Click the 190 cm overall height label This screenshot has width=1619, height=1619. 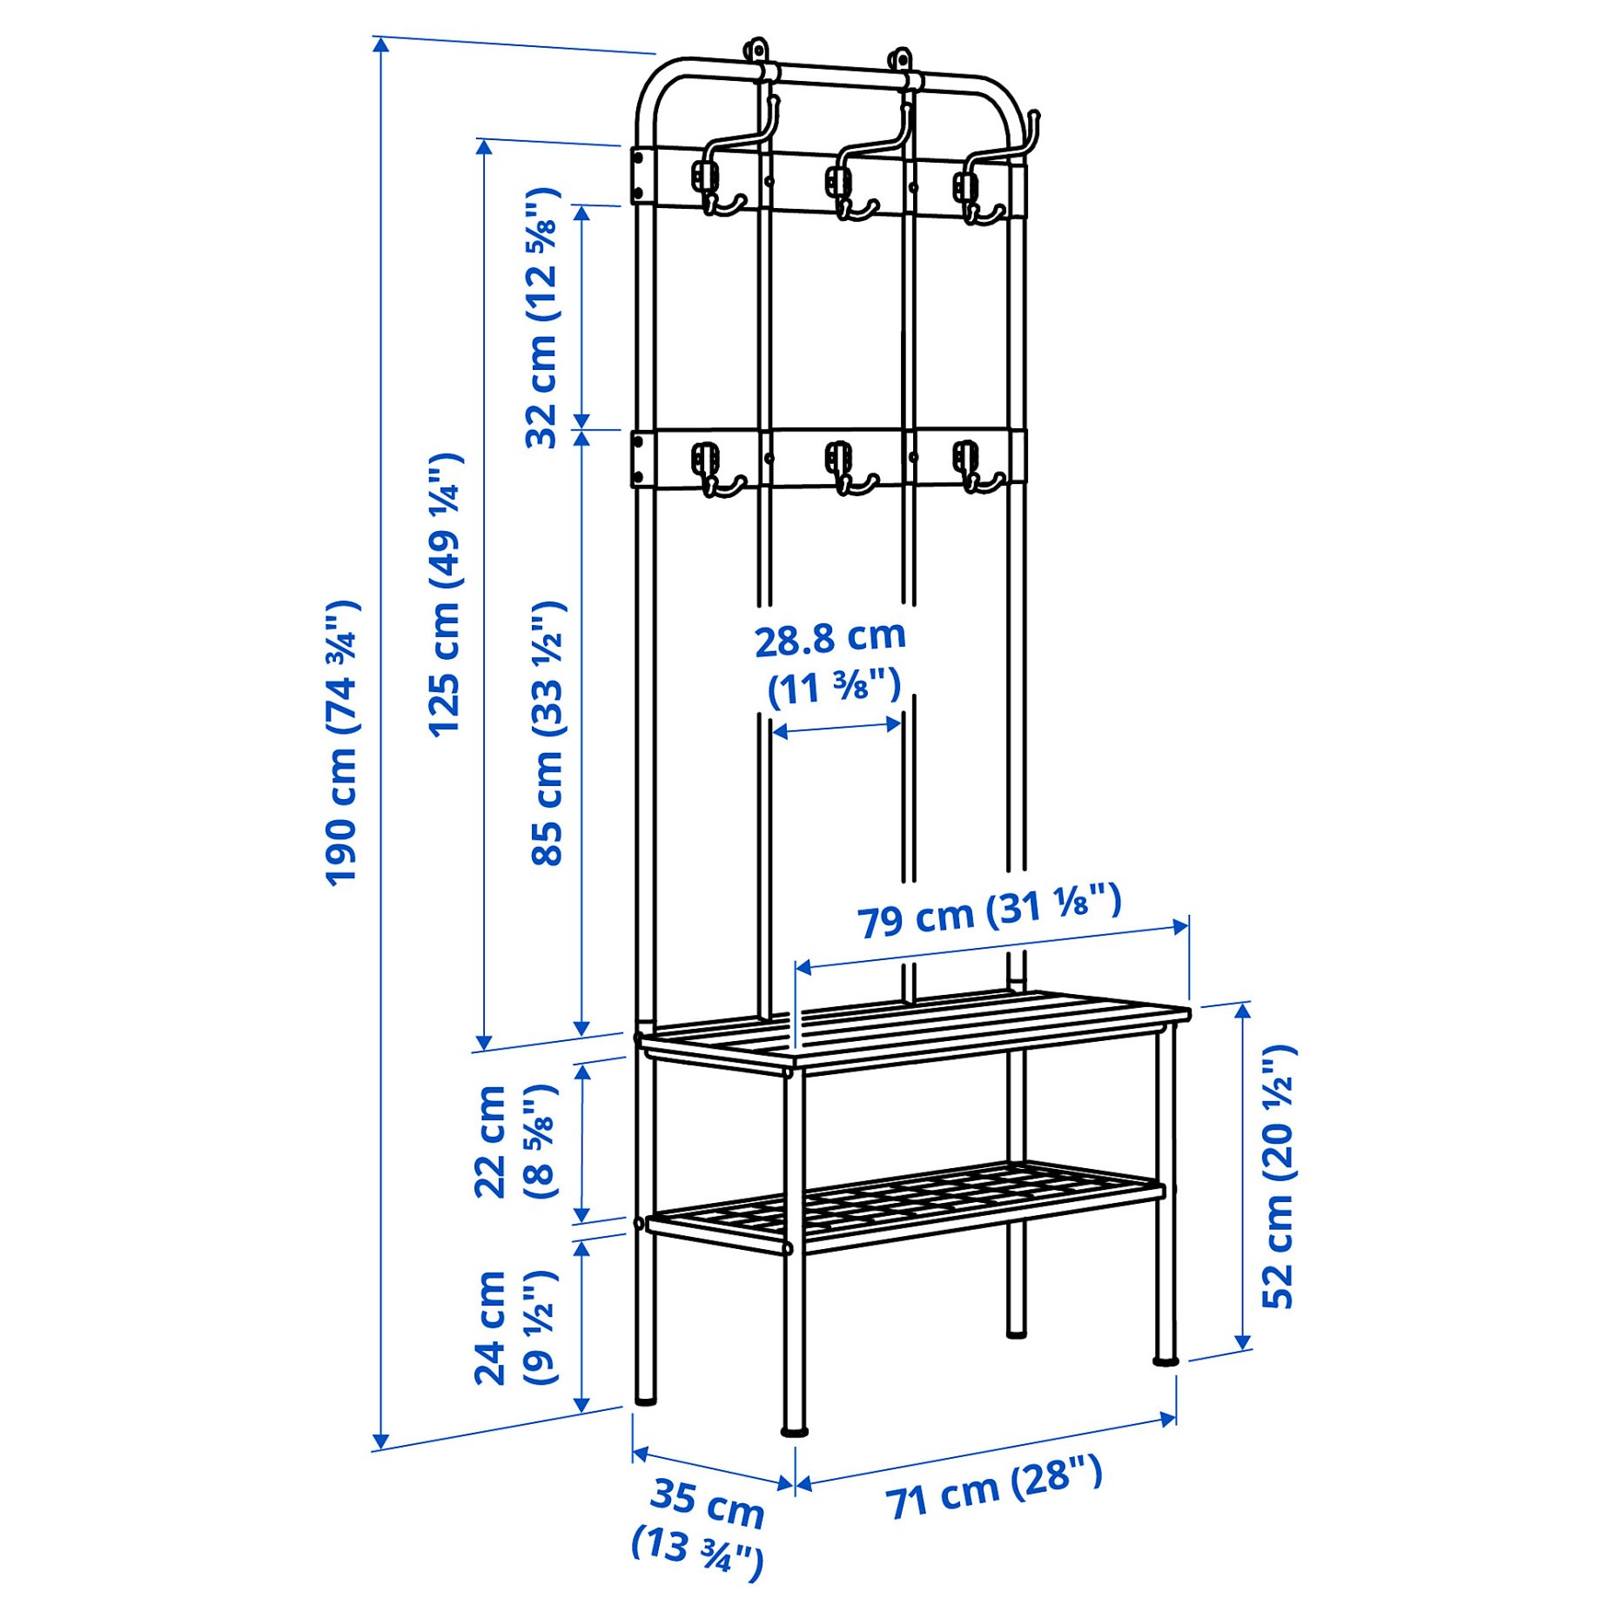[341, 742]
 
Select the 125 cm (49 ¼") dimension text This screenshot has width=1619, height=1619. [445, 595]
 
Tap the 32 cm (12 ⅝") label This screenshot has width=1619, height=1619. [542, 318]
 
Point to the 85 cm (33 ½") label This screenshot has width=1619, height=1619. [548, 733]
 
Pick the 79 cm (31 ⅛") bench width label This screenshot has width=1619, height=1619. [990, 910]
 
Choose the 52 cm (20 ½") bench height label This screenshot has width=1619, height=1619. [1280, 1176]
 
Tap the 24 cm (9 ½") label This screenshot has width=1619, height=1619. [514, 1327]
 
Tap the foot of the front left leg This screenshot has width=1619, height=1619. [794, 1429]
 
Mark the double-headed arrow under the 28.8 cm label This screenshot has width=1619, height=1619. [836, 728]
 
